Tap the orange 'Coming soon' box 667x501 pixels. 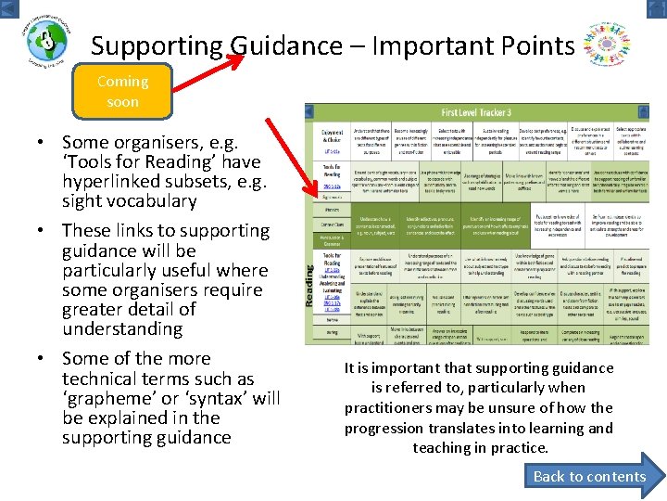(x=122, y=91)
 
